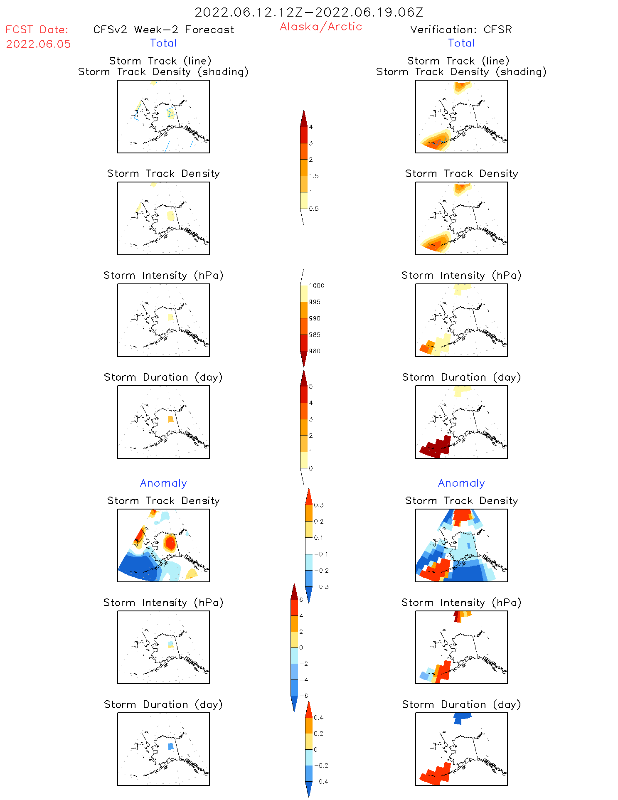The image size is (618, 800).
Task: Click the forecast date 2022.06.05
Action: tap(38, 44)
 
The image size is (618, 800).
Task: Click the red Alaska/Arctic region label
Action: tap(320, 27)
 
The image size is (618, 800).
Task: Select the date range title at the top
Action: tap(309, 12)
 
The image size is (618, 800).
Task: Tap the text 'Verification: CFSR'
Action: tap(461, 30)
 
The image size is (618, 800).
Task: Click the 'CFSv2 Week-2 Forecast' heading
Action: tap(163, 30)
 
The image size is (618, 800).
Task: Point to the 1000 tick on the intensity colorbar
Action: tap(316, 286)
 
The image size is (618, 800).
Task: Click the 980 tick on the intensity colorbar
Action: tap(315, 351)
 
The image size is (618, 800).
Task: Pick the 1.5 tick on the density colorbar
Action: tap(314, 176)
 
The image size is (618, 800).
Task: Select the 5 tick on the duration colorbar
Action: tap(311, 386)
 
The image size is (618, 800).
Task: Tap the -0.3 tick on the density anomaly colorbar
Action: tap(321, 587)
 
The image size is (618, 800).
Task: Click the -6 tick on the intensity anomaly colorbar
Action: tap(304, 696)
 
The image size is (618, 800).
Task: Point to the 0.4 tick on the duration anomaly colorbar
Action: tap(318, 718)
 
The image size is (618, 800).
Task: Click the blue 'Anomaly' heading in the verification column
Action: tap(461, 483)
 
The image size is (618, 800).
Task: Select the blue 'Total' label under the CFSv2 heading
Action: tap(163, 43)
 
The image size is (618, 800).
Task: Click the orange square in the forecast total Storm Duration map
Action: tap(170, 419)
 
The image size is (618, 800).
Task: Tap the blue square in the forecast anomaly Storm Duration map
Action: tap(170, 746)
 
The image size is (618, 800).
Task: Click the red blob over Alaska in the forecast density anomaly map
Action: tap(170, 543)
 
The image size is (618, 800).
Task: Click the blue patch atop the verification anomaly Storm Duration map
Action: tap(462, 717)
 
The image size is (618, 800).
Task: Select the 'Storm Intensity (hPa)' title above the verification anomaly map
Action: tap(461, 603)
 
